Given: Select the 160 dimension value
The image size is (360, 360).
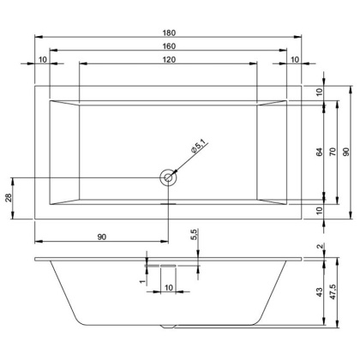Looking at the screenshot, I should click(168, 45).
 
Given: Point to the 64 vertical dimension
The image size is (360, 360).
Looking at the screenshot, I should click(319, 152).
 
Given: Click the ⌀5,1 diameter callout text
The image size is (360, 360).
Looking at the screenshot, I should click(196, 149).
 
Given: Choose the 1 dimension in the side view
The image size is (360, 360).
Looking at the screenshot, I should click(142, 279).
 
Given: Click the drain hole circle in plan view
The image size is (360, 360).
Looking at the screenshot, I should click(168, 178).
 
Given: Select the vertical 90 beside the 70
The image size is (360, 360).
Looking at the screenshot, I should click(346, 152).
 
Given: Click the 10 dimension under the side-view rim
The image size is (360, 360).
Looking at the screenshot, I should click(168, 287).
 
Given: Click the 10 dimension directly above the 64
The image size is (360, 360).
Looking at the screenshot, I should click(319, 93).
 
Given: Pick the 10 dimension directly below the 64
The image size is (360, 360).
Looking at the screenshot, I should click(319, 211).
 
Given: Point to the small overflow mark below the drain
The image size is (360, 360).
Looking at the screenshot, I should click(168, 204).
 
